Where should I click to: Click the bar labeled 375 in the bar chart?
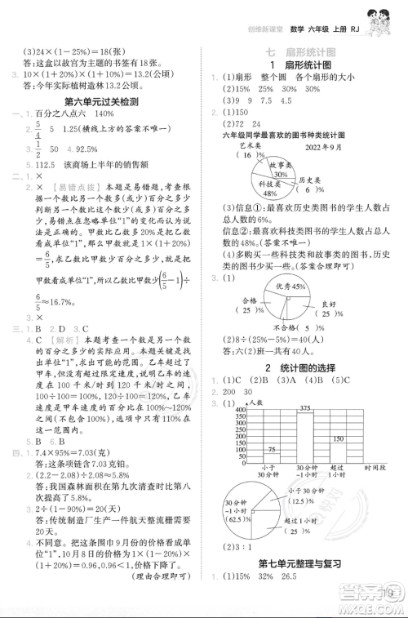click(x=307, y=438)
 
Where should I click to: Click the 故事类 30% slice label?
click(x=284, y=170)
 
